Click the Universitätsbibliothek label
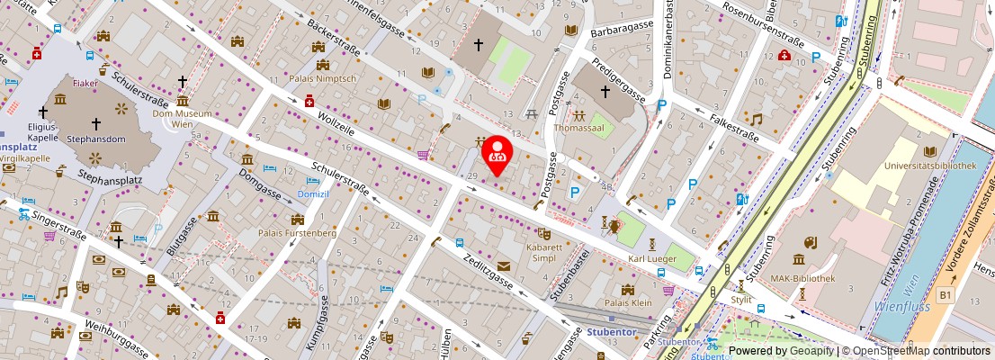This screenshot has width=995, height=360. click(929, 166)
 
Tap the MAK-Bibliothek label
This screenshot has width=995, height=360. click(803, 279)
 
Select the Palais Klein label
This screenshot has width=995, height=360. click(628, 303)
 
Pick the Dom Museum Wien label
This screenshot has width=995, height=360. click(182, 119)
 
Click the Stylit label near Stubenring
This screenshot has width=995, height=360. click(741, 300)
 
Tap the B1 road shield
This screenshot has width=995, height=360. click(945, 294)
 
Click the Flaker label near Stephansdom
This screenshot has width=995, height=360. click(85, 83)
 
